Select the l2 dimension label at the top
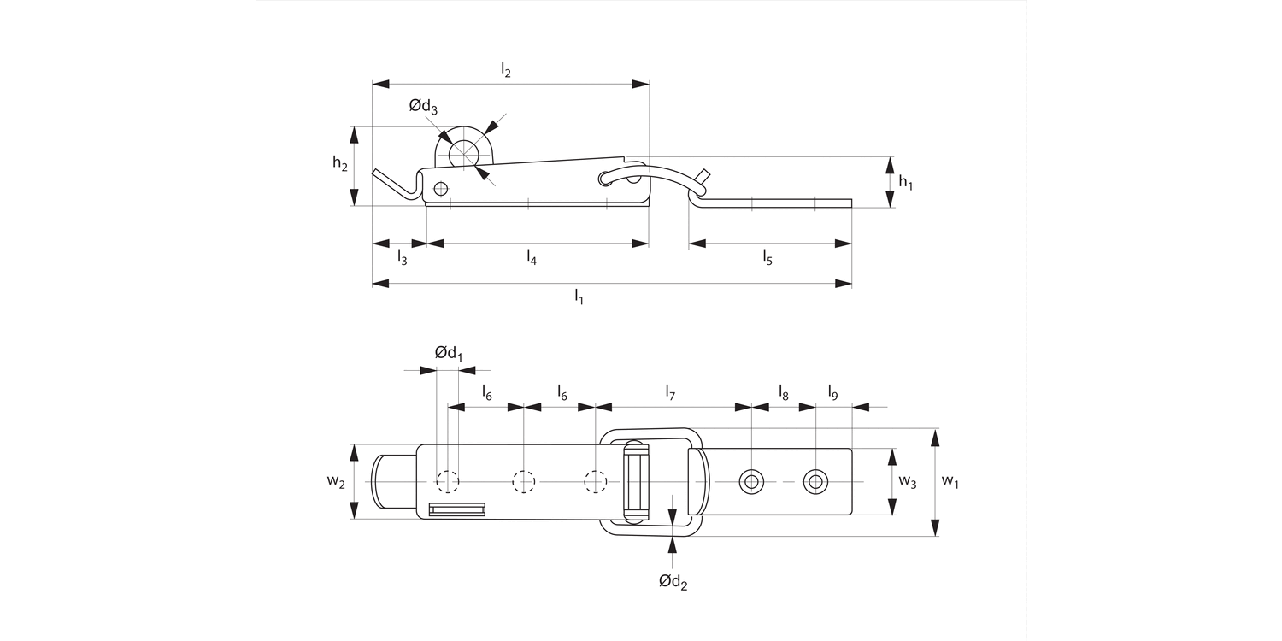(506, 72)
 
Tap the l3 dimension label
(402, 258)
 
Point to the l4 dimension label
(532, 258)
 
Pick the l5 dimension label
(767, 258)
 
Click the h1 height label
(905, 181)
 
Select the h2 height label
(340, 164)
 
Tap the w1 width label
(950, 481)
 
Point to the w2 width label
(336, 481)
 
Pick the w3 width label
(908, 481)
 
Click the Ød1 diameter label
(448, 352)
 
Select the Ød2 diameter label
(673, 582)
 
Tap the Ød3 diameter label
(423, 106)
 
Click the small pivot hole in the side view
(440, 188)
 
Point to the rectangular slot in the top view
(457, 510)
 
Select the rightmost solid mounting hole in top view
(815, 482)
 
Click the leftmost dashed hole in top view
(447, 482)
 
